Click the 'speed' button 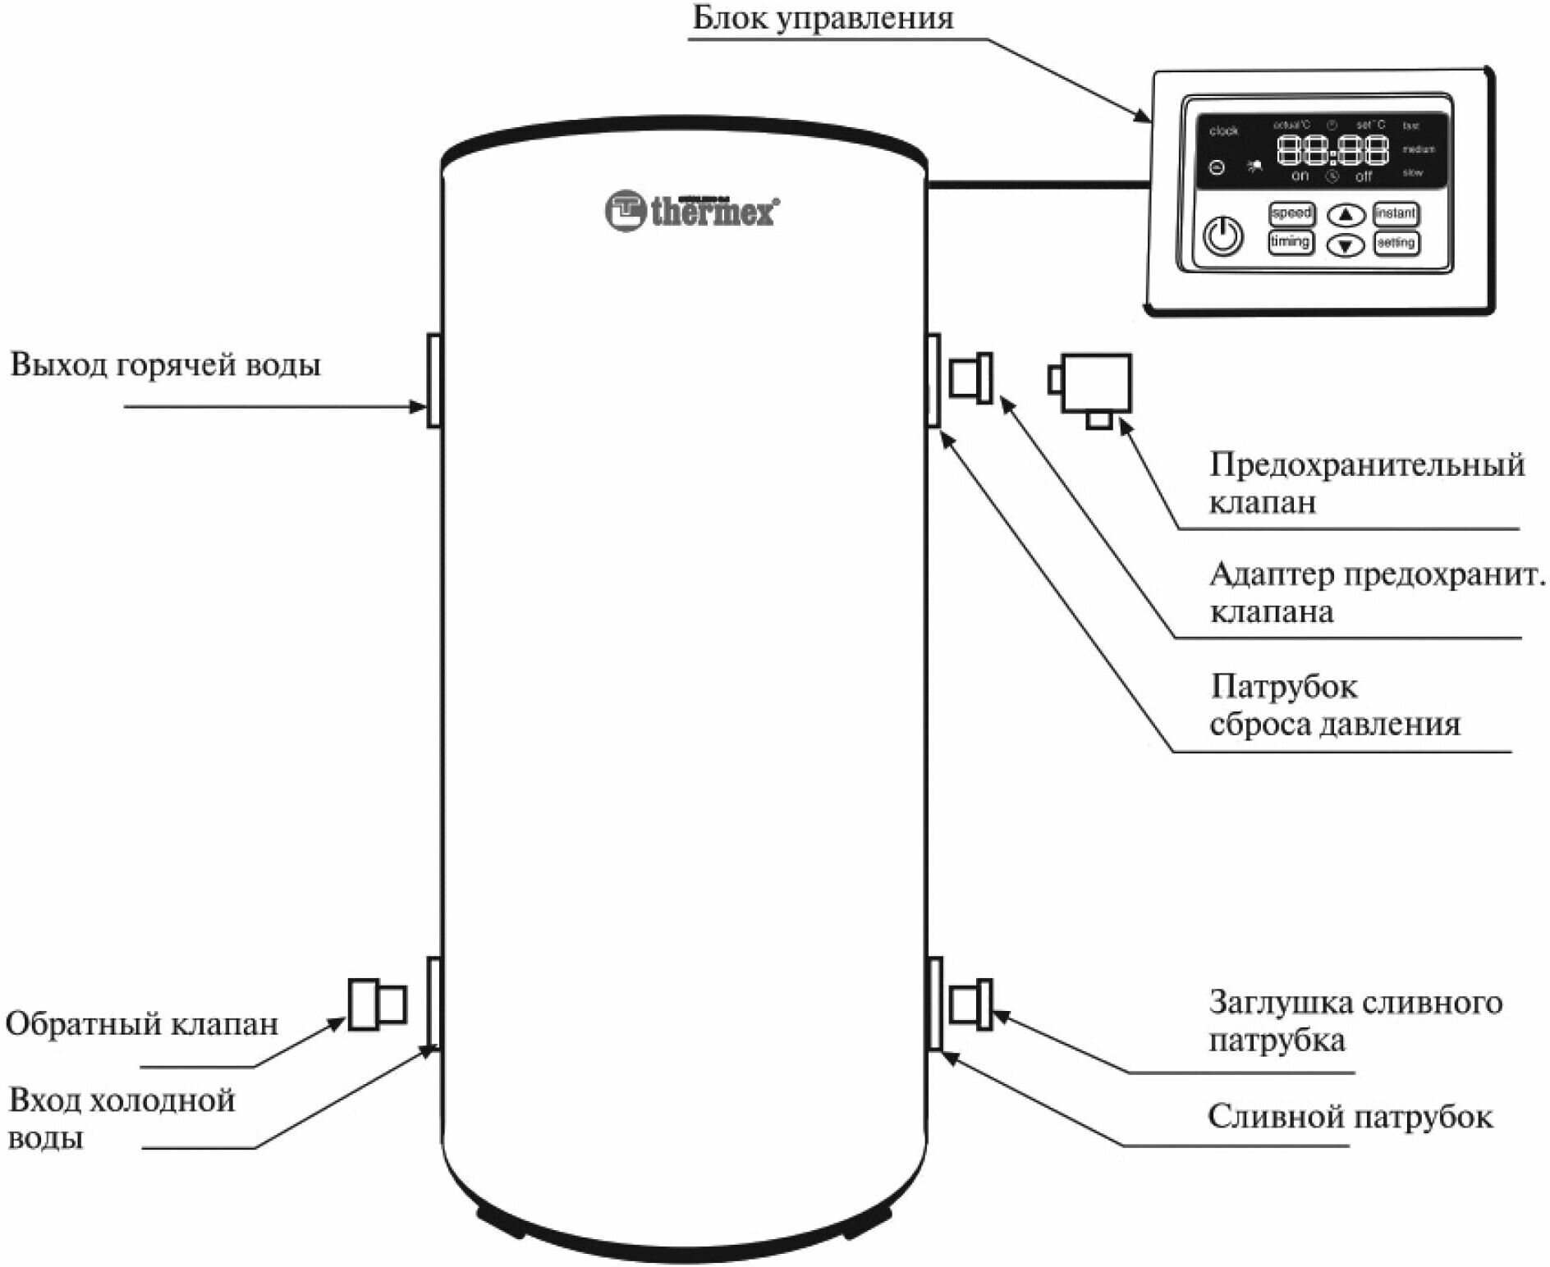pos(1291,213)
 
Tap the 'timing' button pos(1290,242)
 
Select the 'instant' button pos(1396,213)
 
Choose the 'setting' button pos(1396,243)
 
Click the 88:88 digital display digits pos(1332,150)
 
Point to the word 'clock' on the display pos(1223,131)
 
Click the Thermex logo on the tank pos(692,210)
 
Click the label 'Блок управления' pos(823,18)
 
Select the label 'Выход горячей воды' pos(165,365)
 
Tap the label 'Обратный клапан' pos(142,1024)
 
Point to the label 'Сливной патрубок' pos(1350,1117)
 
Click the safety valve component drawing pos(1093,386)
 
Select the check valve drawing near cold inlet pos(377,1004)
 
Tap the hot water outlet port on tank pos(433,380)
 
